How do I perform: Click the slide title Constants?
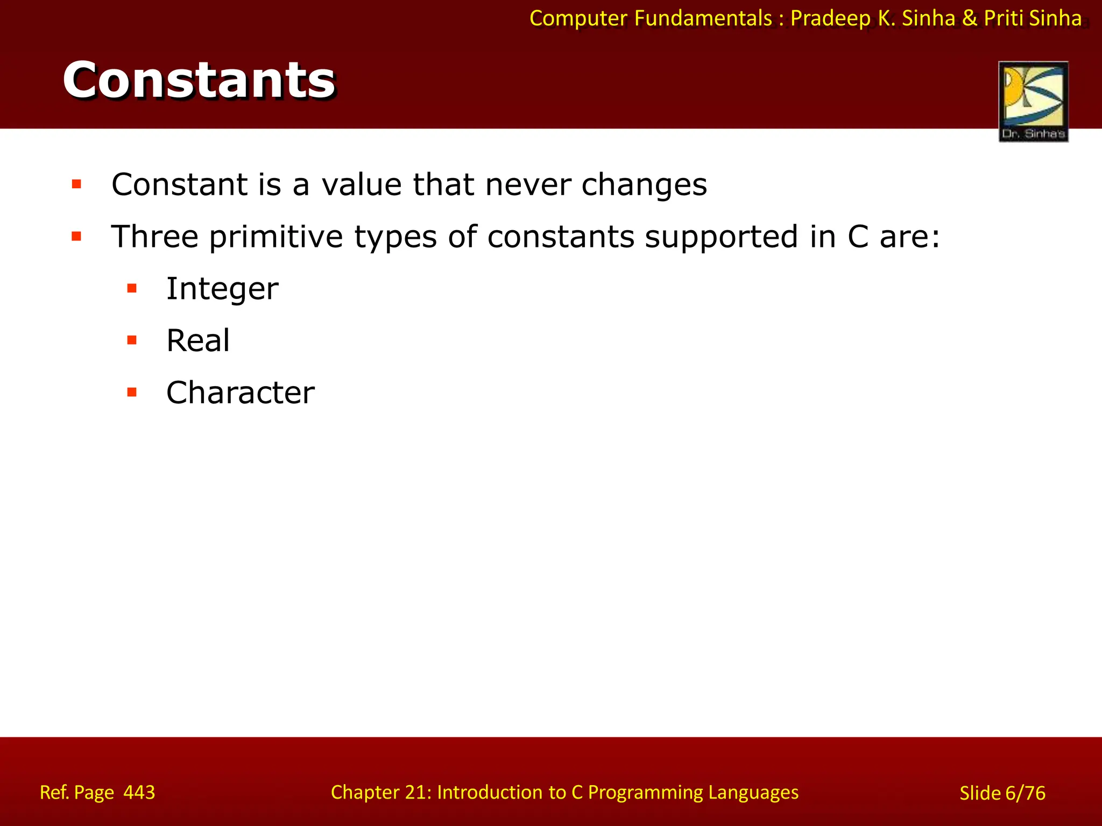pos(199,81)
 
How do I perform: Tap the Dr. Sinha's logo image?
pos(1033,101)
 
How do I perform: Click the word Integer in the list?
pos(222,289)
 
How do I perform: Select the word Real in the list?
pos(198,340)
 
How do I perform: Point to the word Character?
pos(240,393)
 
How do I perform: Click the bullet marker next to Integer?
pos(132,289)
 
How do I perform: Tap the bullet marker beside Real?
pos(132,340)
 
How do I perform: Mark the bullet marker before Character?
pos(132,393)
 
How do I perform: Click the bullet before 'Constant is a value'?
pos(76,184)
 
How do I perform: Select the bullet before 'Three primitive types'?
pos(76,237)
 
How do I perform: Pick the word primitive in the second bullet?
pos(275,238)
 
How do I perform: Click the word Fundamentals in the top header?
pos(703,19)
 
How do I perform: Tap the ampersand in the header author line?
pos(969,19)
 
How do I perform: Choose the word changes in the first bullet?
pos(644,186)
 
